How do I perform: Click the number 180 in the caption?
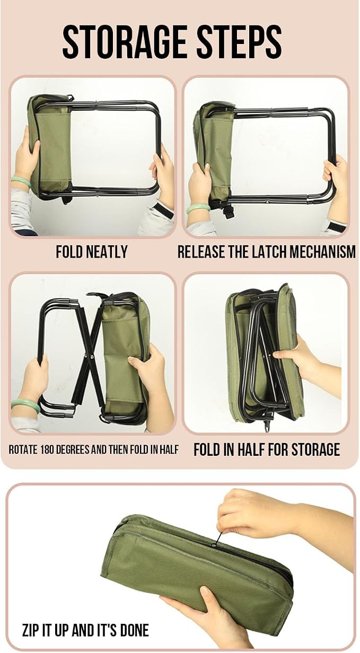[47, 449]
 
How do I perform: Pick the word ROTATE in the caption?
[23, 449]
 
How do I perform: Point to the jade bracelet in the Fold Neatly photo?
[21, 181]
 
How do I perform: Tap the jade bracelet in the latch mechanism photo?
[198, 208]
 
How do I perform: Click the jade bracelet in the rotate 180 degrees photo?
[25, 405]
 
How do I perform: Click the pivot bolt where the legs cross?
[90, 356]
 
